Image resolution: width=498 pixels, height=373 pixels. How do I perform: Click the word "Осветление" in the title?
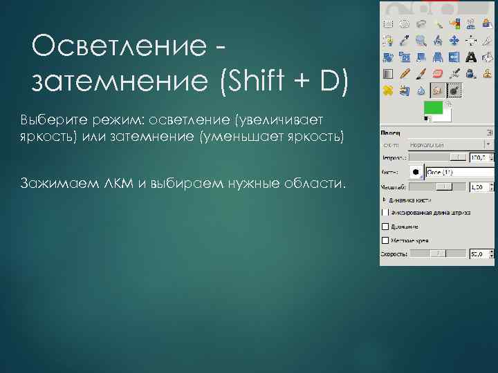coord(118,49)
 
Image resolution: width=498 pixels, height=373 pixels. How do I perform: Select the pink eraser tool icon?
coord(437,73)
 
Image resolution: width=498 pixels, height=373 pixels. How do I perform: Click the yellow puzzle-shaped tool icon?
coord(388,90)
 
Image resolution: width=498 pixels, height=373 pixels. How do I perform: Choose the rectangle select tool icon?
coord(388,23)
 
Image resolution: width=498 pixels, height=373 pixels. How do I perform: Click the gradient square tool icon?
coord(388,73)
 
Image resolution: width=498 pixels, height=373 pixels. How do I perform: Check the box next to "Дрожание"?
coord(385,226)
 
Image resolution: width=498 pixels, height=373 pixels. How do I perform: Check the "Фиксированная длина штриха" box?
coord(385,212)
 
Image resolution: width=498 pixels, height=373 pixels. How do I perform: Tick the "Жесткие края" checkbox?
coord(385,240)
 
